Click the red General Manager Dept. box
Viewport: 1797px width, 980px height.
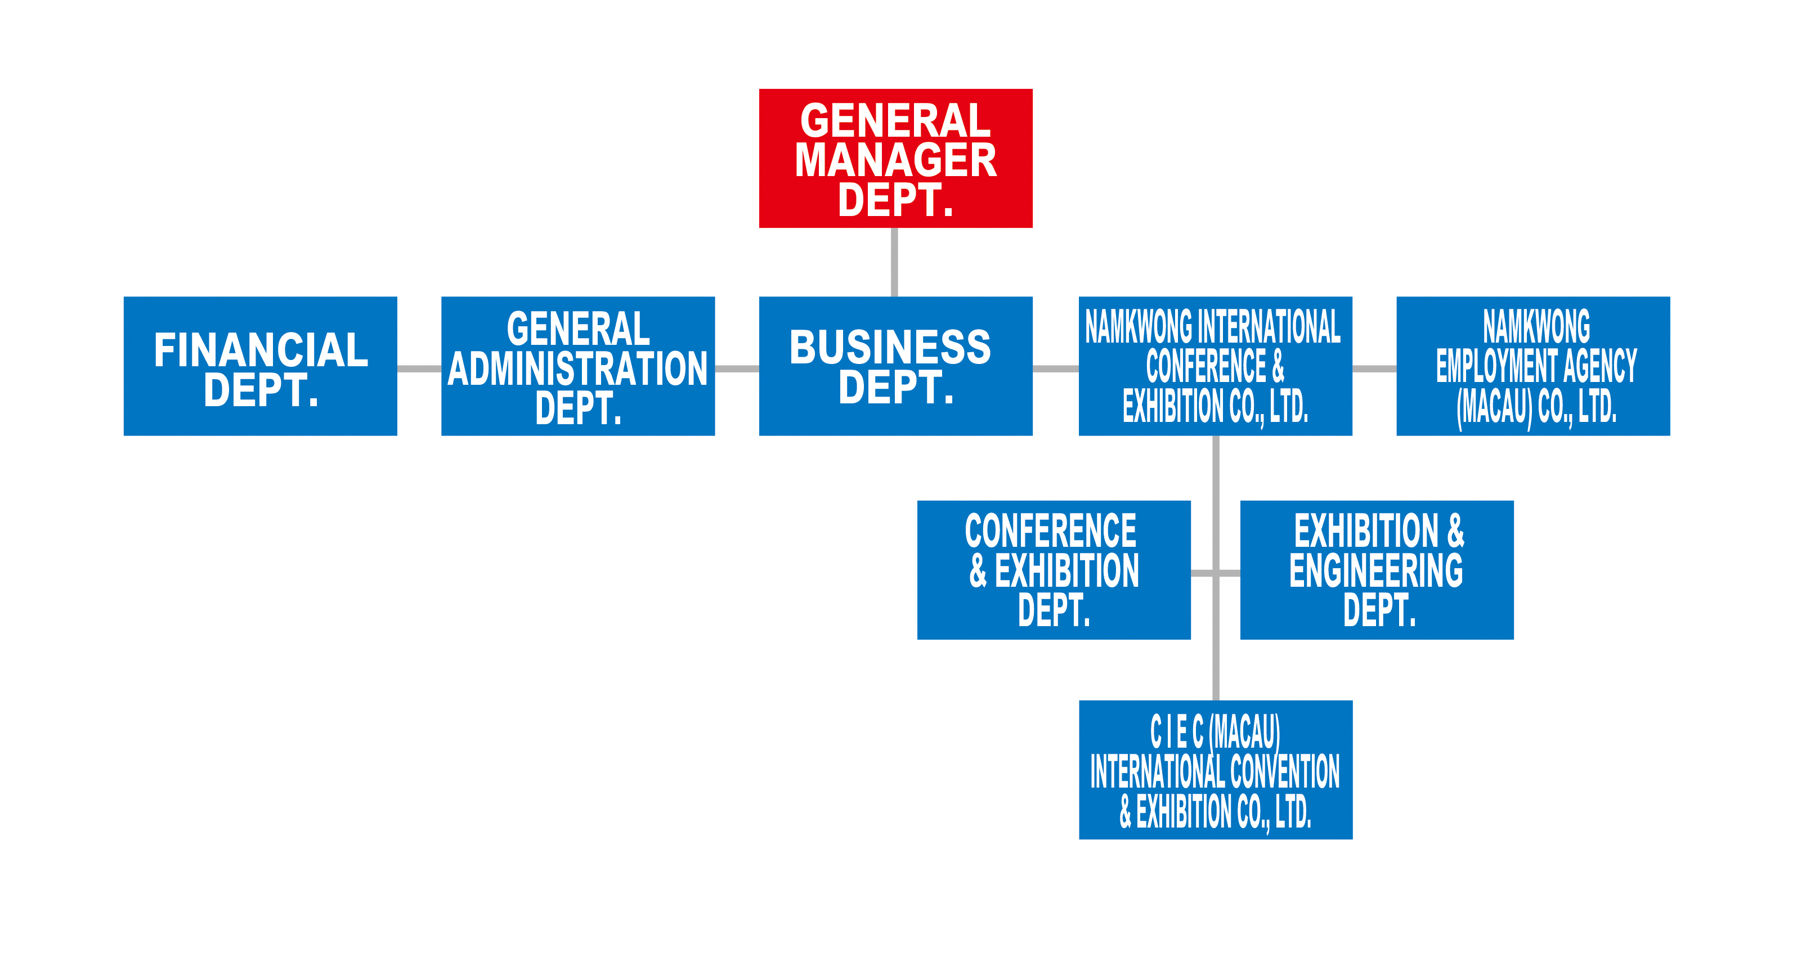pos(896,158)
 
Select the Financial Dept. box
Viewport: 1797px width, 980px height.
pos(260,366)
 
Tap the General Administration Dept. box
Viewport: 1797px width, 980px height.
pos(579,366)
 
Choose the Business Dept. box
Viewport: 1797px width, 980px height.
pos(896,366)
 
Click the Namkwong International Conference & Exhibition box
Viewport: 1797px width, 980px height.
pos(1215,366)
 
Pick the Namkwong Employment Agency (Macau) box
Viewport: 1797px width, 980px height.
pos(1533,366)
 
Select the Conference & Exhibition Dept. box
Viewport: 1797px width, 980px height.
pos(1054,570)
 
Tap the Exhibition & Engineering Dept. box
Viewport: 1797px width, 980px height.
pos(1377,570)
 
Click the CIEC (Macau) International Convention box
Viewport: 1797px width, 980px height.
pos(1216,770)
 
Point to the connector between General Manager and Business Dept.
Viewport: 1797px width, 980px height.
pos(894,262)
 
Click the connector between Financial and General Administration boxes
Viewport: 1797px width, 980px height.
pos(419,368)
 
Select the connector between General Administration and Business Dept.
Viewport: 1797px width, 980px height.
pos(737,368)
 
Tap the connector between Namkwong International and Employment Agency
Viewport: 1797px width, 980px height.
pos(1374,368)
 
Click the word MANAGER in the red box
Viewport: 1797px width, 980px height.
pos(896,160)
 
